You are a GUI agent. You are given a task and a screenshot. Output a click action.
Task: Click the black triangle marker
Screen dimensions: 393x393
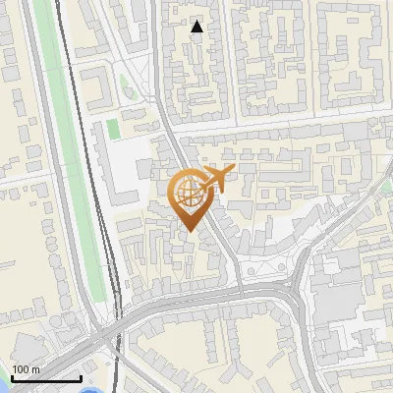[x=197, y=28]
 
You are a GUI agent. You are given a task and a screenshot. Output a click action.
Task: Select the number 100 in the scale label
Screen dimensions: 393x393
[x=21, y=369]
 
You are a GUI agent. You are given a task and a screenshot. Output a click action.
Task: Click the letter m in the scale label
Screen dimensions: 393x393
[x=35, y=369]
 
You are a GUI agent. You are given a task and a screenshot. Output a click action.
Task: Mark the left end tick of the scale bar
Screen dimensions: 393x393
[x=11, y=376]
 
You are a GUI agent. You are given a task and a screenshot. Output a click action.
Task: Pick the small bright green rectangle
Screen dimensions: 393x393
[x=113, y=129]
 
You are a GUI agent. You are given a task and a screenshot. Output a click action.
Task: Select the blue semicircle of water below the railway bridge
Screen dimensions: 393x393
[x=91, y=390]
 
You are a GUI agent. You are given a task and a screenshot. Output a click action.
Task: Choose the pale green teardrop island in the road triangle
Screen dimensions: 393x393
[x=124, y=84]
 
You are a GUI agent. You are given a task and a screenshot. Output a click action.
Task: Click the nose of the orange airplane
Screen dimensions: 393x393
[x=235, y=171]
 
